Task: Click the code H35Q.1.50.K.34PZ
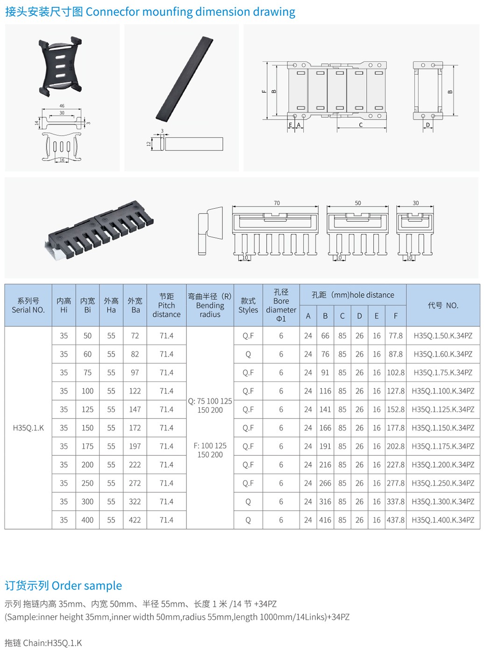click(443, 336)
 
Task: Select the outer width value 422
click(135, 520)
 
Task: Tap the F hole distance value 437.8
click(396, 520)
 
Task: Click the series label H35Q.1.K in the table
click(28, 428)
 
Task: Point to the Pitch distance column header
click(166, 305)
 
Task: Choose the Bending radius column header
click(210, 305)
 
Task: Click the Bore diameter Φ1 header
click(281, 305)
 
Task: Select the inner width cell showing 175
click(87, 446)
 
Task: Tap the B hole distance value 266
click(325, 483)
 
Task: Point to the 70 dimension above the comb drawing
click(277, 203)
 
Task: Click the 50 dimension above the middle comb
click(358, 203)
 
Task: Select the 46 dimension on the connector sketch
click(62, 106)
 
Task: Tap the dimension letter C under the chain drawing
click(361, 125)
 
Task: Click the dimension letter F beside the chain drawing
click(264, 91)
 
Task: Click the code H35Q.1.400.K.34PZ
click(443, 520)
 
